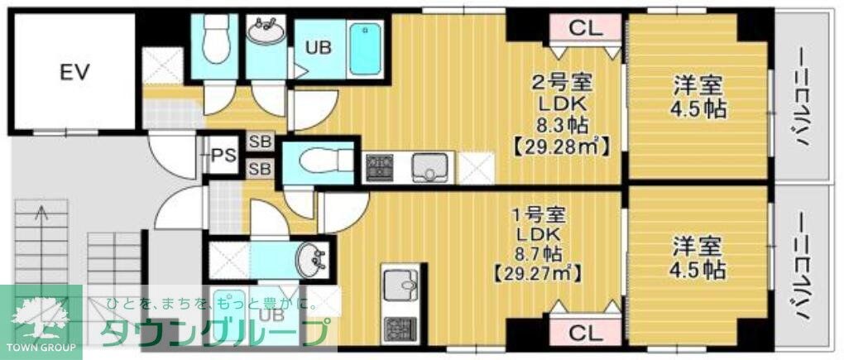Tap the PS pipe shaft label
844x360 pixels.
(223, 155)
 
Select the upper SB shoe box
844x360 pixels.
(261, 142)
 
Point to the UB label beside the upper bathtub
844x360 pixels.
(319, 47)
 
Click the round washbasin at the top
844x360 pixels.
(266, 32)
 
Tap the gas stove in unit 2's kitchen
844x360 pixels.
(380, 168)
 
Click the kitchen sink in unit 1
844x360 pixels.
(403, 286)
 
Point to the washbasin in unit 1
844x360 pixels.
(313, 260)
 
